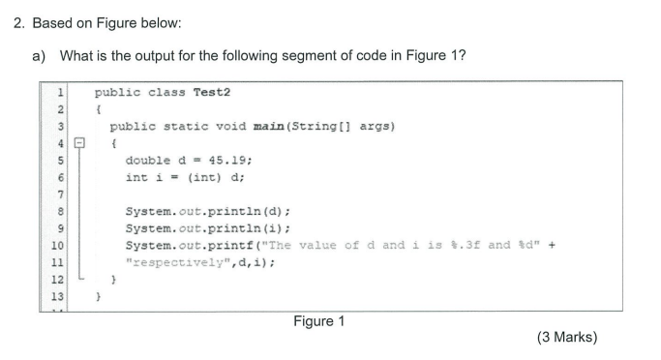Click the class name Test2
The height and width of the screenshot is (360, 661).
pyautogui.click(x=212, y=92)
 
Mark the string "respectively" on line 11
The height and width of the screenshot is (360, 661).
pyautogui.click(x=182, y=263)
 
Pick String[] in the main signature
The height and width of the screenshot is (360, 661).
pyautogui.click(x=291, y=126)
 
